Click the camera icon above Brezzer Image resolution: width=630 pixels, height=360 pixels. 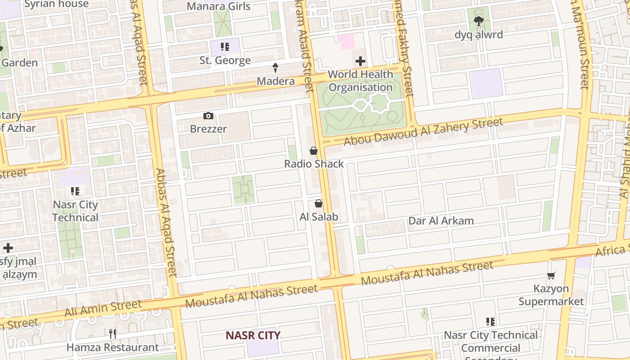pyautogui.click(x=208, y=116)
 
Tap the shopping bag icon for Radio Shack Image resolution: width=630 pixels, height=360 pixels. pyautogui.click(x=314, y=151)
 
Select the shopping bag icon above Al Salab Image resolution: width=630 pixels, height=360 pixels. pyautogui.click(x=319, y=204)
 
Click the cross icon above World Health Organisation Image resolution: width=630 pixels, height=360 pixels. pyautogui.click(x=360, y=61)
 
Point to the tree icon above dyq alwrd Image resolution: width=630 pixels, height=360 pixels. pyautogui.click(x=478, y=21)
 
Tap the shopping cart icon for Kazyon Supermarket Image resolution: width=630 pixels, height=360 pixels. pyautogui.click(x=551, y=275)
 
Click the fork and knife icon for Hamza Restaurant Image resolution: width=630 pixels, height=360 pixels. pyautogui.click(x=112, y=333)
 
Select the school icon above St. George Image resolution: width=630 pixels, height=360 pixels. pyautogui.click(x=225, y=47)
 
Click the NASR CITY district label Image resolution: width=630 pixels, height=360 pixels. pyautogui.click(x=253, y=335)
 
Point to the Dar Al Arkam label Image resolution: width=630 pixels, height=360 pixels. pyautogui.click(x=441, y=221)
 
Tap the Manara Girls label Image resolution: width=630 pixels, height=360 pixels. pyautogui.click(x=218, y=6)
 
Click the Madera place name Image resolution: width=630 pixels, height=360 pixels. pyautogui.click(x=275, y=81)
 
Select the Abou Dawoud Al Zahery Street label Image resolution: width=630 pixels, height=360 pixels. pyautogui.click(x=423, y=131)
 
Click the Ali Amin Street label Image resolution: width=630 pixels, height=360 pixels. pyautogui.click(x=103, y=309)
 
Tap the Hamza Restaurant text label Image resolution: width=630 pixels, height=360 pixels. pyautogui.click(x=112, y=347)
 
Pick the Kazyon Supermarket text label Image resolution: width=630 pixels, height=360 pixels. pyautogui.click(x=551, y=295)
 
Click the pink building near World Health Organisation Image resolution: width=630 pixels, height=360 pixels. pyautogui.click(x=346, y=42)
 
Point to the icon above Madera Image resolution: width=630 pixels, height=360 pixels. pyautogui.click(x=275, y=68)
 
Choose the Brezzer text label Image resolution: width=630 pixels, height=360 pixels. pyautogui.click(x=208, y=129)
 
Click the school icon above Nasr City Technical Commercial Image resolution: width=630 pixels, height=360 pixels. pyautogui.click(x=490, y=322)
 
